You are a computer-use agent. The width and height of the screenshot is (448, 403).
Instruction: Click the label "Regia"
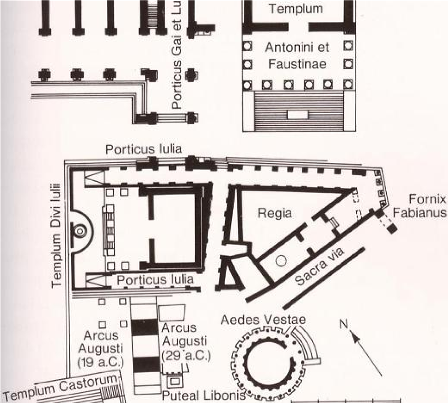point(274,213)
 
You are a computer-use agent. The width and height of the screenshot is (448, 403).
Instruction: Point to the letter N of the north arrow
point(344,324)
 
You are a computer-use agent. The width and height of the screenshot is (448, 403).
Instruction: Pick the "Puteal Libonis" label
point(204,396)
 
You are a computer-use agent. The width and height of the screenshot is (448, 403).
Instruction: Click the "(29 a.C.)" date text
point(185,356)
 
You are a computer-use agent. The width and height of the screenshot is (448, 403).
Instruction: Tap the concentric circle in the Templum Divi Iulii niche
point(80,231)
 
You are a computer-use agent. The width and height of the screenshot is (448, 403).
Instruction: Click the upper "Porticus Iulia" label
point(143,149)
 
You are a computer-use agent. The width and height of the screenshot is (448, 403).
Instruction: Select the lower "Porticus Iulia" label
point(155,280)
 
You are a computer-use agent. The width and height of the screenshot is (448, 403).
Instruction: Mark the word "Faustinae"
point(297,64)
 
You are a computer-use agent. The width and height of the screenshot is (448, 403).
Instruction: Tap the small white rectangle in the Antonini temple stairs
point(298,114)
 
